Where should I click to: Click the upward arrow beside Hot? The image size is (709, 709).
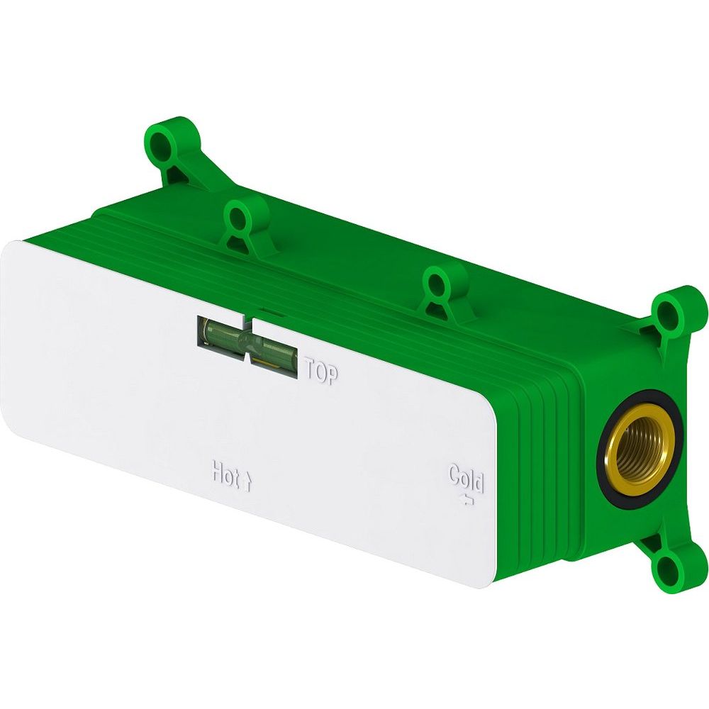[x=247, y=482]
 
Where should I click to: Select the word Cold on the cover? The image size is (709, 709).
[x=467, y=479]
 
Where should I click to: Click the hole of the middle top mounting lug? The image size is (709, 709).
[x=238, y=218]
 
